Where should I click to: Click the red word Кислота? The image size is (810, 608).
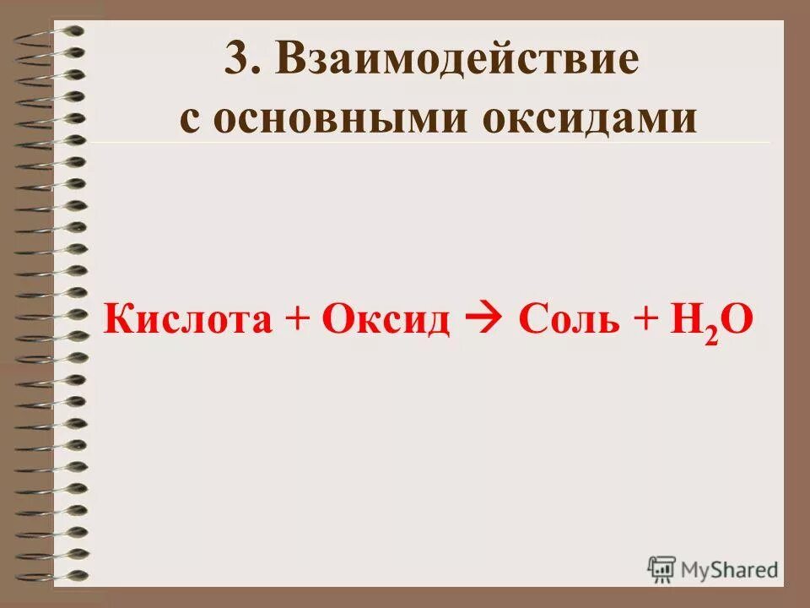(186, 321)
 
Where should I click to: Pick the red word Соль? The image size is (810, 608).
(563, 321)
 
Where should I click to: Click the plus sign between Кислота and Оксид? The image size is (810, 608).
(295, 322)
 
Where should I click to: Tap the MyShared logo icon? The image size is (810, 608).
(662, 568)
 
